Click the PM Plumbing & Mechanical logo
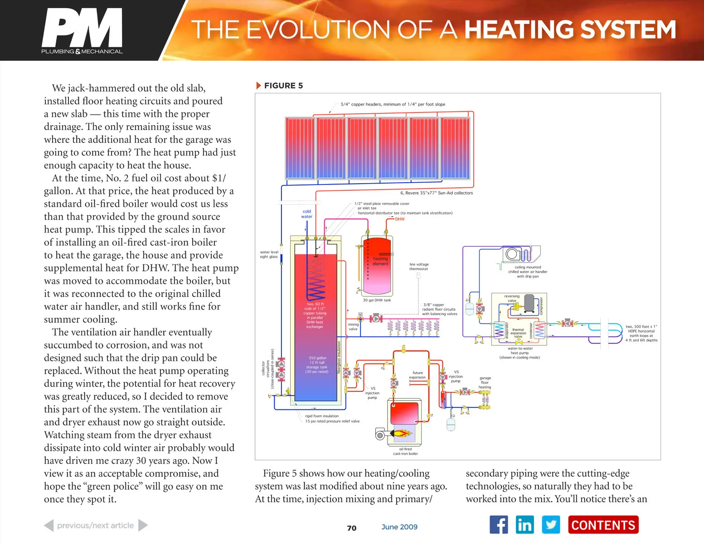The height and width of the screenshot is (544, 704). [82, 31]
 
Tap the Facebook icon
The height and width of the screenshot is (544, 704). [499, 525]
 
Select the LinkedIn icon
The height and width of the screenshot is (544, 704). [524, 525]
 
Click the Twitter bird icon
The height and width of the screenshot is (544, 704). [551, 525]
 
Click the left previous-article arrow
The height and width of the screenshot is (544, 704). [49, 525]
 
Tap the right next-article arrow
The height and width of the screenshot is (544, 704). [143, 525]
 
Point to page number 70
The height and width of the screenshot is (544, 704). [352, 528]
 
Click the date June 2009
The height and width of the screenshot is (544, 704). [399, 527]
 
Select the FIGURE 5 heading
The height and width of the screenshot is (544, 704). [283, 86]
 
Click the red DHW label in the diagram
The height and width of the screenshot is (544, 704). [400, 219]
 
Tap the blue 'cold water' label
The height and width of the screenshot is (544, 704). [307, 214]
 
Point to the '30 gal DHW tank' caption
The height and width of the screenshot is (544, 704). [377, 300]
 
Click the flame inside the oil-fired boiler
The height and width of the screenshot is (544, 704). [402, 433]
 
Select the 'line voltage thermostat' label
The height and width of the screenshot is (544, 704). [419, 267]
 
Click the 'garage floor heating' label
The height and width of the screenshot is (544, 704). [485, 383]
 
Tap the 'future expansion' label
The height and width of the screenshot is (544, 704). [418, 375]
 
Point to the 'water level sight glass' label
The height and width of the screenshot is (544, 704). [269, 254]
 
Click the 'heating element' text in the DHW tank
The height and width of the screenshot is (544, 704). [380, 261]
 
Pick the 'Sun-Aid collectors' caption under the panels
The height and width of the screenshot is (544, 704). [437, 193]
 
